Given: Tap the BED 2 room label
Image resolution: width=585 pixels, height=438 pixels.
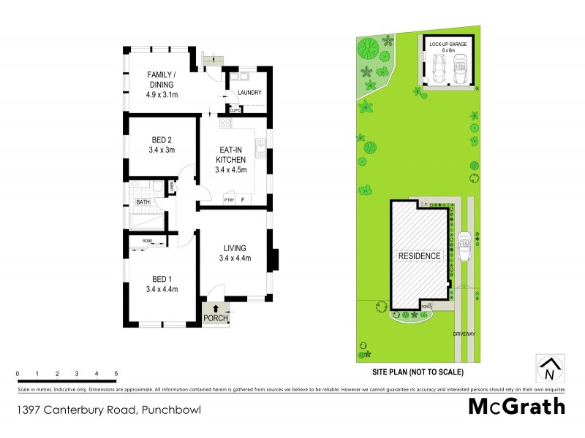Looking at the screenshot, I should tap(161, 145).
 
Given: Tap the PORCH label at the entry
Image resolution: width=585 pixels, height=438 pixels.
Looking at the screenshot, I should tap(215, 318).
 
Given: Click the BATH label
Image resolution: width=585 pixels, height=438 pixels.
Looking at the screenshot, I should tap(142, 202).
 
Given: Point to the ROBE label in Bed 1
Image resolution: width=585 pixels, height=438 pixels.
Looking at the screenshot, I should tap(148, 240).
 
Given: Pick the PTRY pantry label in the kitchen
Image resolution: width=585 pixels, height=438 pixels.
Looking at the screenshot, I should tap(229, 199).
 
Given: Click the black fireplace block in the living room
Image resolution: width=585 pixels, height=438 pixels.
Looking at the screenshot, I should tap(274, 260).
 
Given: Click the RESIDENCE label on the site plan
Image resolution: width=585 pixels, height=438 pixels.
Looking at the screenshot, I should tap(419, 256).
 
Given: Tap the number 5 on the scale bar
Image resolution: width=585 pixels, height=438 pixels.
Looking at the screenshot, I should tap(116, 374).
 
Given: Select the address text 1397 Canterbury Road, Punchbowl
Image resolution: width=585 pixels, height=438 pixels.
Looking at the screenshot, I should tap(108, 410).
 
